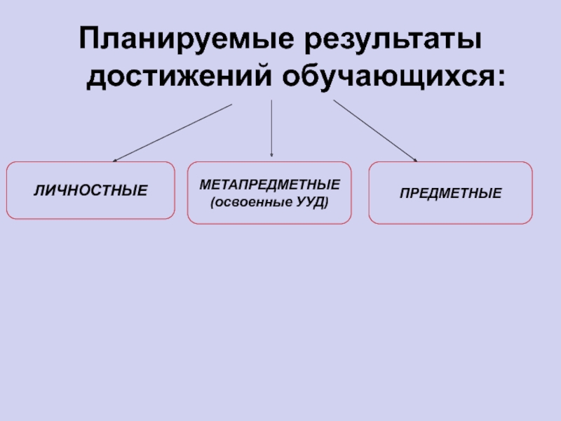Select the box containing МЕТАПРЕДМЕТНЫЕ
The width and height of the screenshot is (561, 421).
click(269, 214)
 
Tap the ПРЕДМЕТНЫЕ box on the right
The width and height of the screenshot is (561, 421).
click(451, 211)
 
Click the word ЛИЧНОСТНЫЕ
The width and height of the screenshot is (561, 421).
click(90, 190)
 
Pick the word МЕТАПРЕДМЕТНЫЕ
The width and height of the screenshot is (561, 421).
click(270, 184)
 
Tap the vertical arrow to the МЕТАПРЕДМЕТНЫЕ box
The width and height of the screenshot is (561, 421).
click(271, 126)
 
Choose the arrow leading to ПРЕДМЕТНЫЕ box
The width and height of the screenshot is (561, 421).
click(375, 131)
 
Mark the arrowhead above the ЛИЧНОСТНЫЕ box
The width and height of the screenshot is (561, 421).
click(116, 160)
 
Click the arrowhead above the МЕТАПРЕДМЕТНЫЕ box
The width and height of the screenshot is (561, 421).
click(271, 154)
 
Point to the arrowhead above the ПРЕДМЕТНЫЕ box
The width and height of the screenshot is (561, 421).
click(414, 159)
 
